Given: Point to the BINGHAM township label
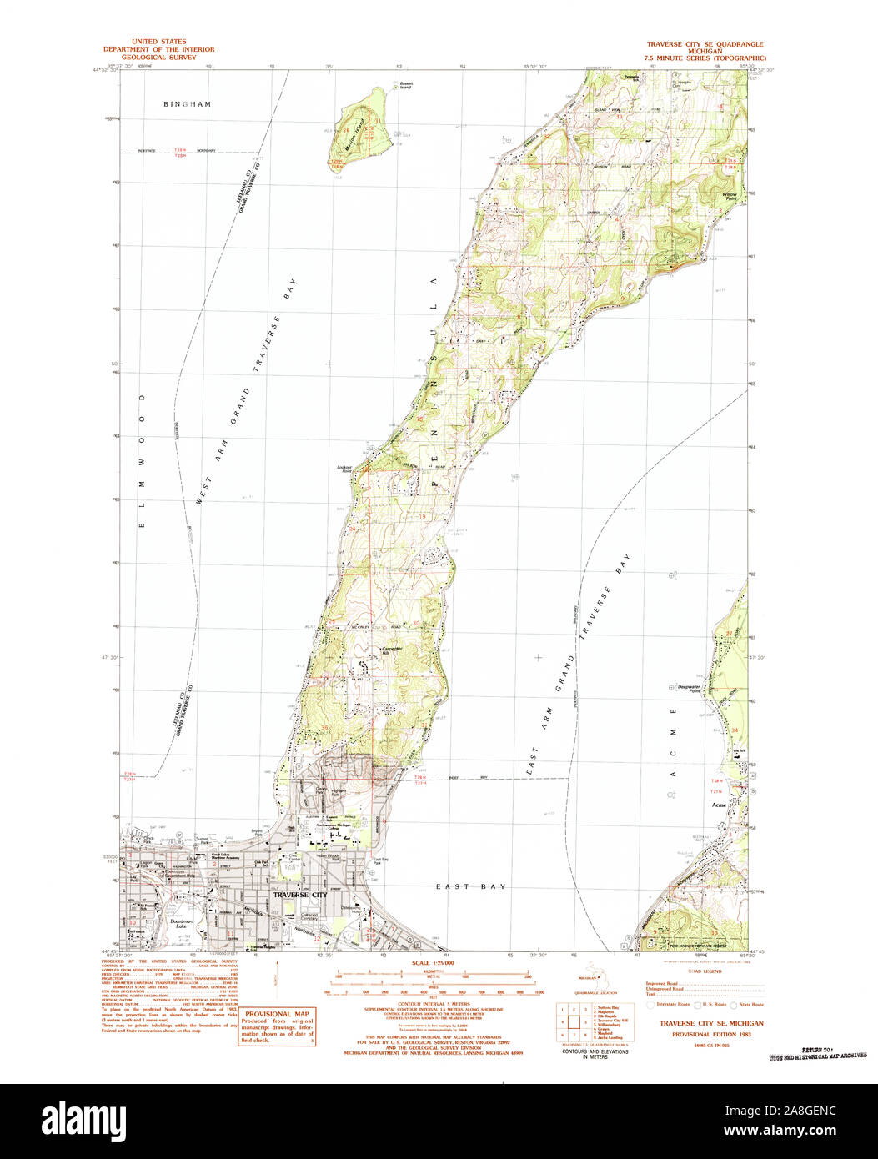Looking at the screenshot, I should (187, 104).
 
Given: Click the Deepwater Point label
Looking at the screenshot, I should (681, 689).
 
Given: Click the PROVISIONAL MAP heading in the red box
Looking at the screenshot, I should (277, 1013).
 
